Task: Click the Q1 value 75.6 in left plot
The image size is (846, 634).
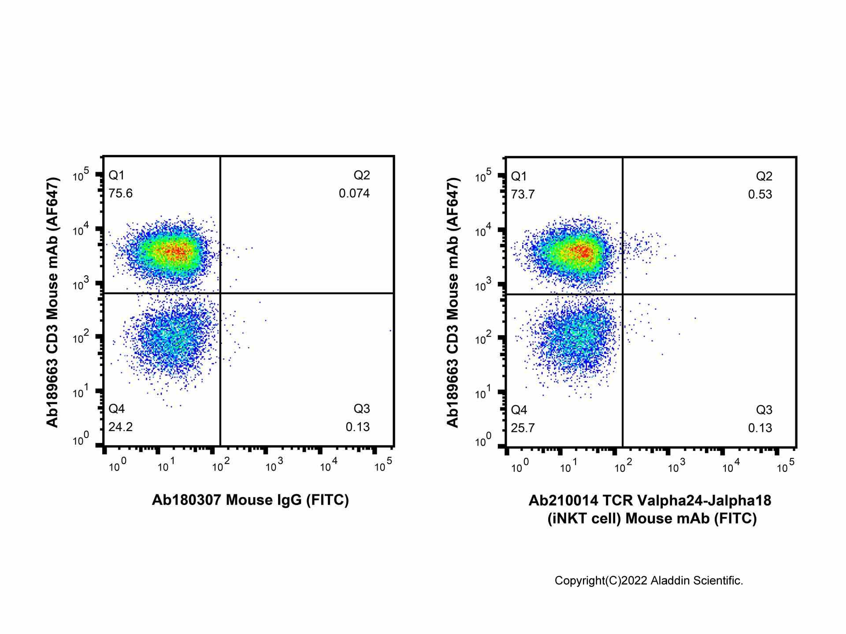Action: click(120, 194)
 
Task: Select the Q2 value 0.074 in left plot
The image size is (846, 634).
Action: click(354, 194)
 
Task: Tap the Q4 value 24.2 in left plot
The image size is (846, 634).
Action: click(120, 427)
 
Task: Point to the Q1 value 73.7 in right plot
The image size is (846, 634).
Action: click(523, 195)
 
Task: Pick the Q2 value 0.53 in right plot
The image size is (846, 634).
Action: click(760, 195)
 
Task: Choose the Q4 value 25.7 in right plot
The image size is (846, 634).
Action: click(523, 428)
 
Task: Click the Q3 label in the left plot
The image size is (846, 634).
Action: click(362, 409)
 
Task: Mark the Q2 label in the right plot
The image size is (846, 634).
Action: click(764, 177)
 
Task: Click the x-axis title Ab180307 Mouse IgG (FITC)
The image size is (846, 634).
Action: click(250, 500)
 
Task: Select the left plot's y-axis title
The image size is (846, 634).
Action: click(52, 302)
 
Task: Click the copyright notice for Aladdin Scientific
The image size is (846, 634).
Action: click(649, 581)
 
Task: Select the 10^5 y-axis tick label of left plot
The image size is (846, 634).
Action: click(81, 174)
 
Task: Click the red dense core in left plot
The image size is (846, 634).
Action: click(176, 252)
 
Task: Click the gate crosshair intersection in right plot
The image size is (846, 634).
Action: click(623, 294)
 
